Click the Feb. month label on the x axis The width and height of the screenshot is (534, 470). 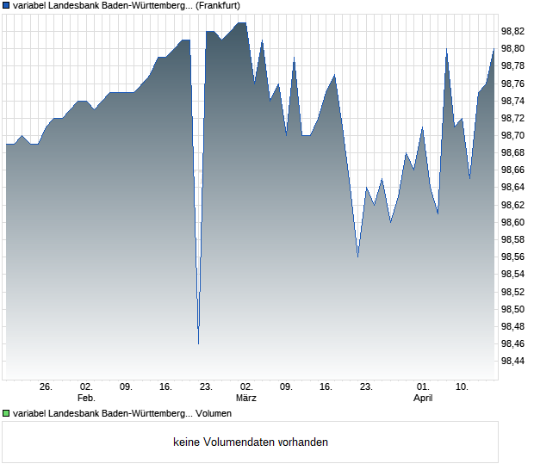(85, 399)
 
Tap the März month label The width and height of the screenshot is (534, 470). (246, 399)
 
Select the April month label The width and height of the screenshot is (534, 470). (423, 399)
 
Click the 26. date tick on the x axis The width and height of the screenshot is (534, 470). (46, 387)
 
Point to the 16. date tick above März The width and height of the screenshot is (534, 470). (326, 387)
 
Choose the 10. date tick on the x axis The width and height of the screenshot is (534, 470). (463, 387)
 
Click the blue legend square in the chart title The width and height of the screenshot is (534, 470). (6, 6)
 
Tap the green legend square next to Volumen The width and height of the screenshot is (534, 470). (6, 414)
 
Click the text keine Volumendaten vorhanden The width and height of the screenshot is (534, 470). (251, 442)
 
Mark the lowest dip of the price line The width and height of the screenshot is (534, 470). (198, 343)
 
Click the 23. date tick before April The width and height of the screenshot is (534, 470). (366, 387)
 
